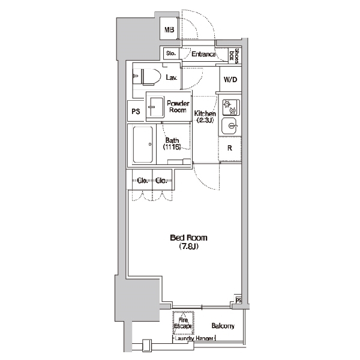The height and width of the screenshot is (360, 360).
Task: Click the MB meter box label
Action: [169, 29]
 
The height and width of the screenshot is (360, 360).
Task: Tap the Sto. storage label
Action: [171, 53]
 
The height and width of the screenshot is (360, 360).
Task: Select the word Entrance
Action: [203, 54]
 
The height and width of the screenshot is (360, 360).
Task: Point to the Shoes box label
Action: [235, 56]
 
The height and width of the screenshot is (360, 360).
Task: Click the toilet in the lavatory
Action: [147, 77]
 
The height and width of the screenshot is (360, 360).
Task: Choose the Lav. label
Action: [172, 77]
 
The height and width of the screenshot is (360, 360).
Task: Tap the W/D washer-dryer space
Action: [230, 79]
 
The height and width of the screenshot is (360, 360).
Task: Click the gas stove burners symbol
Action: [231, 107]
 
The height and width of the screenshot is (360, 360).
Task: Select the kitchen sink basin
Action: [229, 126]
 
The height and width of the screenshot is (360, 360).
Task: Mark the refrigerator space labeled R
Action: [230, 148]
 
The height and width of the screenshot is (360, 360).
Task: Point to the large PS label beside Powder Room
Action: [136, 112]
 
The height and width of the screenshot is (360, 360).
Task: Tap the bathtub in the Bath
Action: [143, 145]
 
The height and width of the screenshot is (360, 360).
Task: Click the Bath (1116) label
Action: [172, 143]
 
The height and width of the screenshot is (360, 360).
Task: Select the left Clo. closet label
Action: [143, 181]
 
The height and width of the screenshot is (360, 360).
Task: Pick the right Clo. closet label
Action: [161, 181]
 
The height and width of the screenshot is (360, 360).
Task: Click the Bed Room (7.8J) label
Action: [188, 242]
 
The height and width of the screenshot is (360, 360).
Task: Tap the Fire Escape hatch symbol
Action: [183, 323]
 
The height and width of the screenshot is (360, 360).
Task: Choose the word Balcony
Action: [223, 326]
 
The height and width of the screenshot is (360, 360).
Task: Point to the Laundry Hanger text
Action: [194, 338]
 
